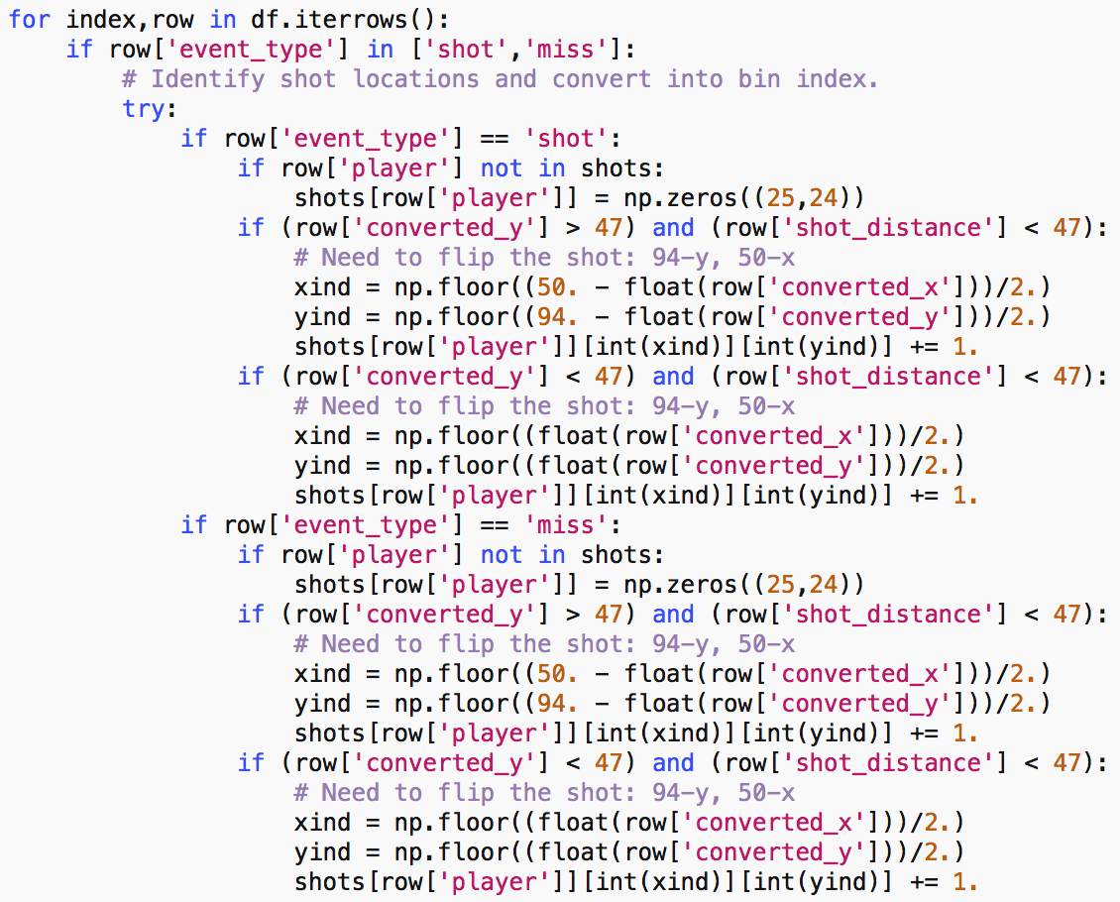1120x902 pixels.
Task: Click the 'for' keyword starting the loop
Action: [30, 19]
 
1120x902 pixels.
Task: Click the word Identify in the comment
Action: [208, 78]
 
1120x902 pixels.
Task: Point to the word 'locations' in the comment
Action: [415, 78]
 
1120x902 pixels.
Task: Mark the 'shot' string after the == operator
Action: [566, 139]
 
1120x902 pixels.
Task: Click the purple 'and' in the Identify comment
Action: [515, 78]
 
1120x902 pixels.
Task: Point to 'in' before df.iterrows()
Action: [223, 19]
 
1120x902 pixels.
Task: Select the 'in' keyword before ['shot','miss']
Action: [380, 50]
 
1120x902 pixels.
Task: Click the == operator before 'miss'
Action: [495, 525]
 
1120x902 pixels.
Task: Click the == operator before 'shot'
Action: [495, 139]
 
